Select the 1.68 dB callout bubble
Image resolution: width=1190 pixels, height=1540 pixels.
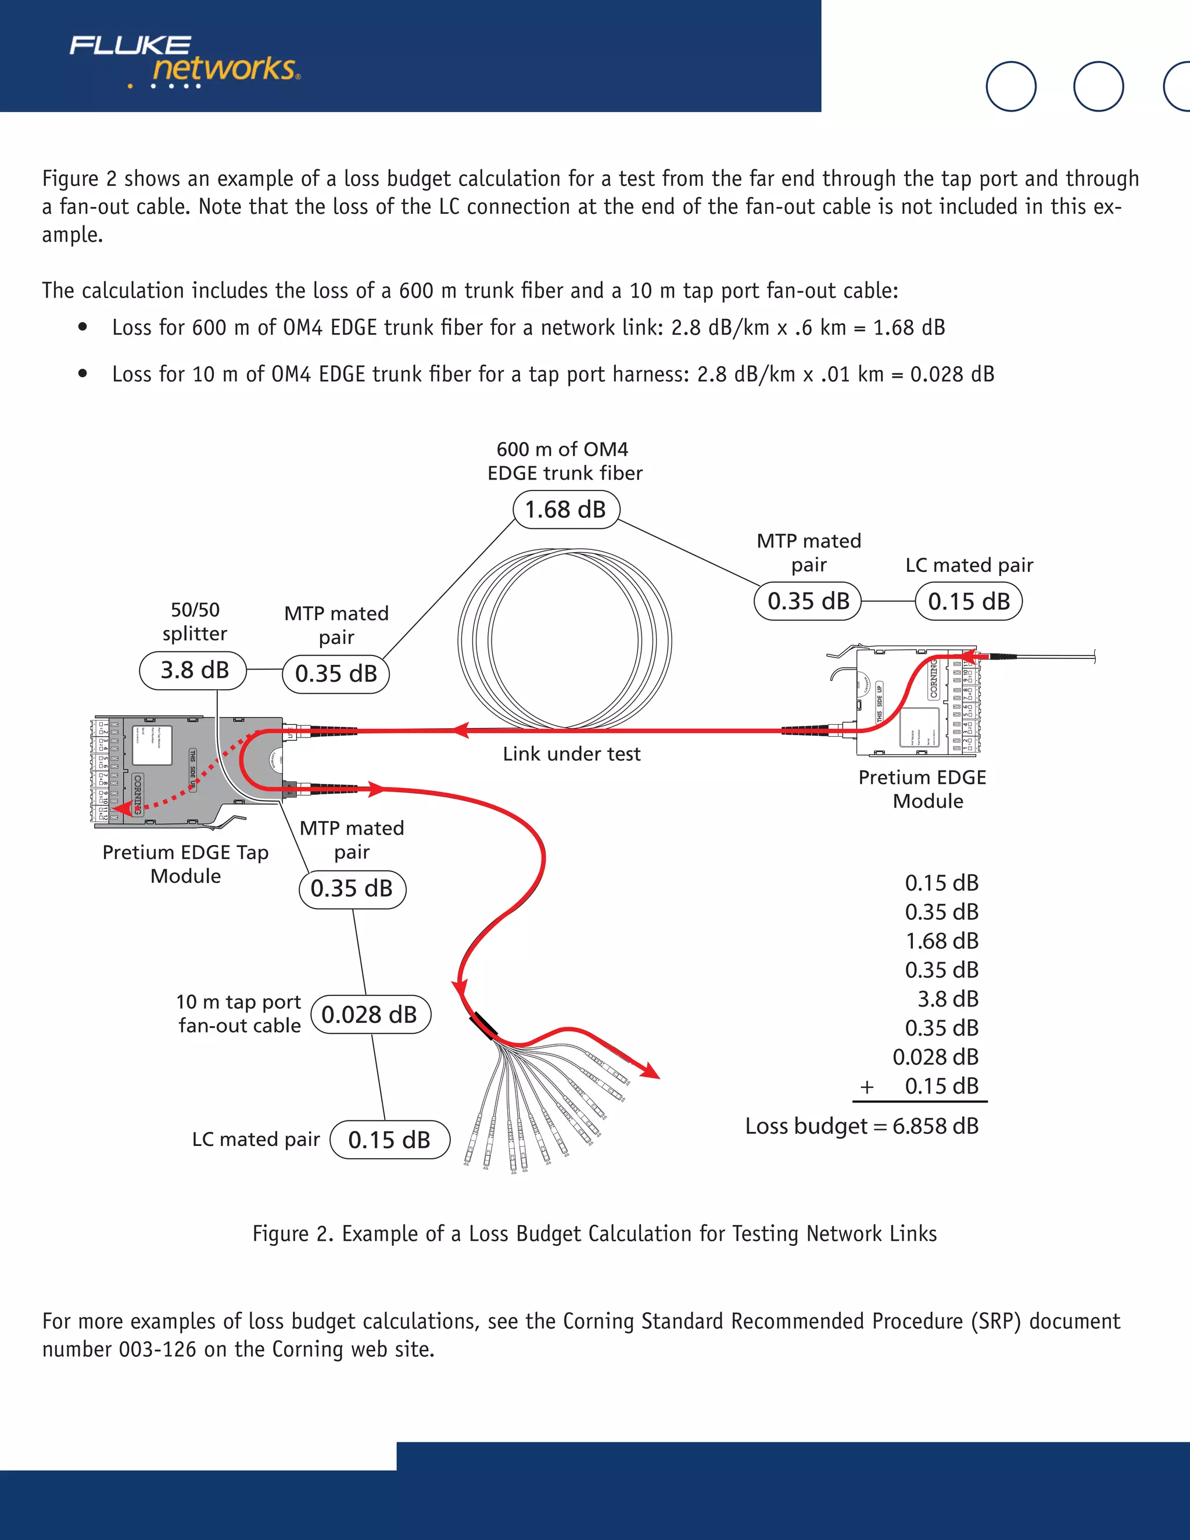pos(565,509)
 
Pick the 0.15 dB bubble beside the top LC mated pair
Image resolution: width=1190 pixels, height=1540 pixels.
pos(969,601)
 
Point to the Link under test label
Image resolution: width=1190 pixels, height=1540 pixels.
pos(571,754)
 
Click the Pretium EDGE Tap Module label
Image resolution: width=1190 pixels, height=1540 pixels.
pos(185,864)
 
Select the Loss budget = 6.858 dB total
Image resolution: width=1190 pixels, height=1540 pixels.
pos(862,1126)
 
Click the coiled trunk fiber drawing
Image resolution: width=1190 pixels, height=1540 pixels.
pos(564,639)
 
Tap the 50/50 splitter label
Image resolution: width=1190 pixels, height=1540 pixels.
pos(195,621)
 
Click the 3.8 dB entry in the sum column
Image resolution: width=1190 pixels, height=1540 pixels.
pos(948,998)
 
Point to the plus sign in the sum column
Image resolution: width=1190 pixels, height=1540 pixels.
pos(867,1087)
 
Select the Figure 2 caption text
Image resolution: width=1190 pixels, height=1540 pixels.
pos(594,1233)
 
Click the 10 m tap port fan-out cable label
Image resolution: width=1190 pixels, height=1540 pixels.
pos(239,1013)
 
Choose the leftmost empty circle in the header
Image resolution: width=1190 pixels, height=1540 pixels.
pos(1010,86)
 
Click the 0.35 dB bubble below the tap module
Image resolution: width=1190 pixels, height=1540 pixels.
pos(352,889)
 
